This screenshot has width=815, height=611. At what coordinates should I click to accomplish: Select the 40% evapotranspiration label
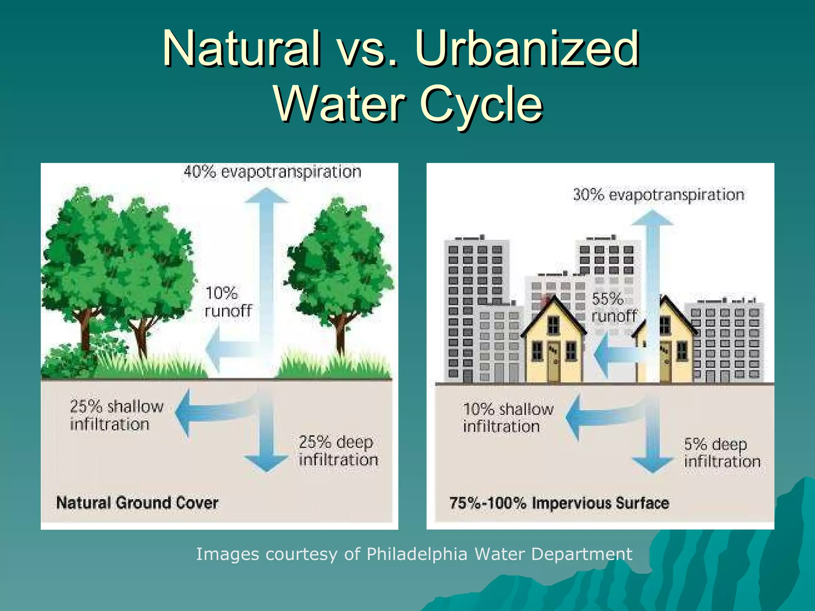point(272,172)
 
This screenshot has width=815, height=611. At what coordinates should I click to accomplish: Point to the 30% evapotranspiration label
point(659,195)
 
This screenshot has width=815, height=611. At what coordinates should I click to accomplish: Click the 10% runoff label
point(228,302)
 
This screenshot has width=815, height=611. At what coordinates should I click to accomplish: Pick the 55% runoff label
point(613,307)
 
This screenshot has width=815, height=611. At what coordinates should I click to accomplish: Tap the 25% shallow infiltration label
point(117,415)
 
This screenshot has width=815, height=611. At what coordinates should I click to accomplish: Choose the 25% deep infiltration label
point(338,451)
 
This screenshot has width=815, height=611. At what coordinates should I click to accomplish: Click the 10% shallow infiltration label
point(508,418)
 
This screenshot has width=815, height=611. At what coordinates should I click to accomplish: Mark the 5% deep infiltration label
point(722,453)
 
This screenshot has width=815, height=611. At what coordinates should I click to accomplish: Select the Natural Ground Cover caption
point(137,503)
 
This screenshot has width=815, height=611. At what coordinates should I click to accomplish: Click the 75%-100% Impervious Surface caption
point(559,503)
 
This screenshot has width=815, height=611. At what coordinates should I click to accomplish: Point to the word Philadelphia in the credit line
point(417,554)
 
